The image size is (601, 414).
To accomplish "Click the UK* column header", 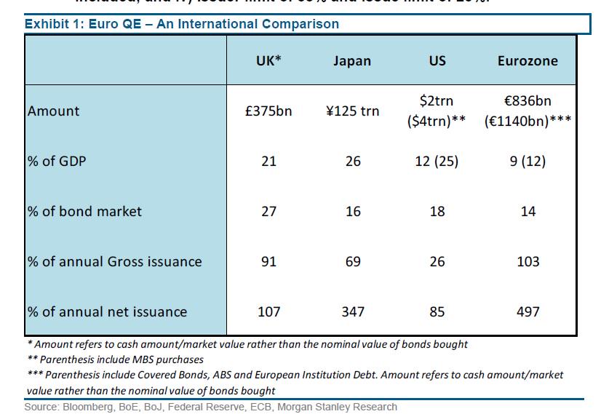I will [x=268, y=60].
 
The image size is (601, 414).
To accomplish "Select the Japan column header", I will [x=352, y=60].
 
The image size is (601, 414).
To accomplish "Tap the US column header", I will [x=437, y=60].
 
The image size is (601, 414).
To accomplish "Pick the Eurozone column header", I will [x=528, y=60].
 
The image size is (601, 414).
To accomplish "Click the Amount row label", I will [x=54, y=111].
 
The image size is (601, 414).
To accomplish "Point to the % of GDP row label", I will [x=57, y=161].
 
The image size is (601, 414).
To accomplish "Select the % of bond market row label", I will [x=84, y=211].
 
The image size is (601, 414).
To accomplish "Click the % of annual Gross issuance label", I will [x=114, y=261].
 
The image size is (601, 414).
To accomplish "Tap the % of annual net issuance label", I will [x=107, y=311].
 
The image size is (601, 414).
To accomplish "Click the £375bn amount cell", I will [x=268, y=111].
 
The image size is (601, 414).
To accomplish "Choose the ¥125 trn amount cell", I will [x=352, y=111].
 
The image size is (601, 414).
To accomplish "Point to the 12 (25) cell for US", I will [x=437, y=161].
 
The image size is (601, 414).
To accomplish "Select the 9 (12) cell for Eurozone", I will [x=528, y=161].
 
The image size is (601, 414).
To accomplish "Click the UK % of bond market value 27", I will [x=268, y=211].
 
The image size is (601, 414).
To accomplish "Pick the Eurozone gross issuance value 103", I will [x=528, y=261].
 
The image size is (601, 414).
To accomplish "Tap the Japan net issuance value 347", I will [x=352, y=311].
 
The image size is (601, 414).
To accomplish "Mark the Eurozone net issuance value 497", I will [x=528, y=311].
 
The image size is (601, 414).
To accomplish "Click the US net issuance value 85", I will [x=437, y=311].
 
